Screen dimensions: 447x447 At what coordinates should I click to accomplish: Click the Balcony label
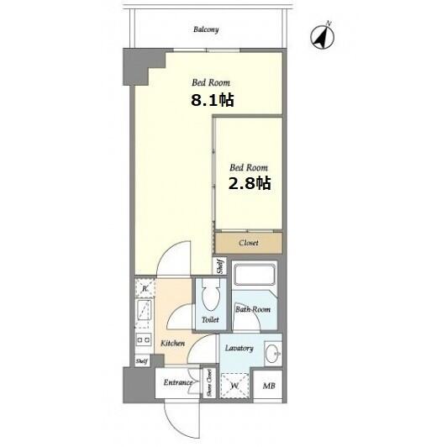point(206,29)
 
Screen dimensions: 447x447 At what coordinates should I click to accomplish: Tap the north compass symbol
point(323,37)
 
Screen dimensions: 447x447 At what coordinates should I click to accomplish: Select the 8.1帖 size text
point(213,100)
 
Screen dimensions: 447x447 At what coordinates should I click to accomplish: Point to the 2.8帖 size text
point(250,183)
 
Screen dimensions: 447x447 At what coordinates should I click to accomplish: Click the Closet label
point(249,243)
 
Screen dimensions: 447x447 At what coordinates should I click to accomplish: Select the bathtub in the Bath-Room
point(255,274)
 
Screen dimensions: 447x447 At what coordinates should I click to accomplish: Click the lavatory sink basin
point(273,354)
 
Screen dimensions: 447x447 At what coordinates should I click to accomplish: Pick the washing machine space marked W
point(234,386)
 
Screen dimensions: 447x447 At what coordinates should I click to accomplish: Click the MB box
point(269,386)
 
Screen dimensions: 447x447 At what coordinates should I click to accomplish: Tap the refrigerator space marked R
point(145,288)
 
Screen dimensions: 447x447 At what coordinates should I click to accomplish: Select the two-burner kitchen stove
point(144,340)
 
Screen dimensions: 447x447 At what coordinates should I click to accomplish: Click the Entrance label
point(178,382)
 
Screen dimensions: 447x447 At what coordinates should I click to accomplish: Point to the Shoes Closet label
point(209,382)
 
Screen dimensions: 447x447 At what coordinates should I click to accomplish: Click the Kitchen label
point(172,343)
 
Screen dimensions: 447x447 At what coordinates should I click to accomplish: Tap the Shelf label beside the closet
point(220,266)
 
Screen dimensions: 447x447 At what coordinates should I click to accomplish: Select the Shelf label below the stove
point(142,361)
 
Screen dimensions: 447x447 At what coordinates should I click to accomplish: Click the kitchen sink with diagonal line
point(144,313)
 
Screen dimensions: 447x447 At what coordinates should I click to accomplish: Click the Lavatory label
point(239,349)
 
